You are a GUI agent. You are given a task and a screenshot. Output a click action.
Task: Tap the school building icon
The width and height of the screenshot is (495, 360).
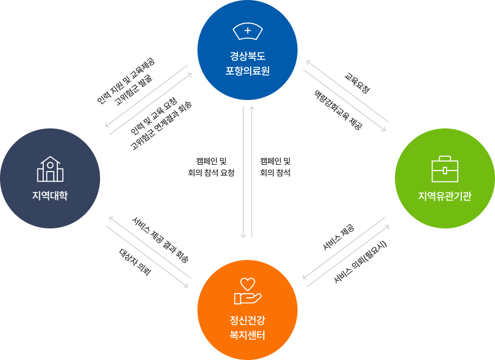[49, 169]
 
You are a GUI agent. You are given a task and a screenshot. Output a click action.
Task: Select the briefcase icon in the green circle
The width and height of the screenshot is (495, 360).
[444, 169]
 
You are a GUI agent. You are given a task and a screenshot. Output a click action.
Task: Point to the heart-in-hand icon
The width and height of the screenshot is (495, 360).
[247, 291]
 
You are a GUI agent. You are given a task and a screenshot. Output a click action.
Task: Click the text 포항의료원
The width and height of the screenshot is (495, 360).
[247, 71]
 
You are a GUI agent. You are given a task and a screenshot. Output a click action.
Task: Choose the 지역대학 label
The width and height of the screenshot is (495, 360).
[49, 196]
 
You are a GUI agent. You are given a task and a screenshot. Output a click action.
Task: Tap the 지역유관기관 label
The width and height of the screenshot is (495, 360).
[444, 196]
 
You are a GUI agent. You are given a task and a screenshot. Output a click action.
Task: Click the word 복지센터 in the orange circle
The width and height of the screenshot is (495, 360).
[247, 335]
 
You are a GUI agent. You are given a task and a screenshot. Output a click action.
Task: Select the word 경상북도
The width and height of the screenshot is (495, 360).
[247, 56]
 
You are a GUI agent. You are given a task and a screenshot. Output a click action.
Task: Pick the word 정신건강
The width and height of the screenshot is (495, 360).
[247, 319]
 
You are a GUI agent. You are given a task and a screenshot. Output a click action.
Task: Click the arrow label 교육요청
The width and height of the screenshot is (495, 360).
[357, 84]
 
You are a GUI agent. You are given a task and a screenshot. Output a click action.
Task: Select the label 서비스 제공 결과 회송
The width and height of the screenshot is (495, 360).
[161, 240]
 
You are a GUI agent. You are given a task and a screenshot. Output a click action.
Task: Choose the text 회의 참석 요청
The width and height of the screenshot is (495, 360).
[211, 173]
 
